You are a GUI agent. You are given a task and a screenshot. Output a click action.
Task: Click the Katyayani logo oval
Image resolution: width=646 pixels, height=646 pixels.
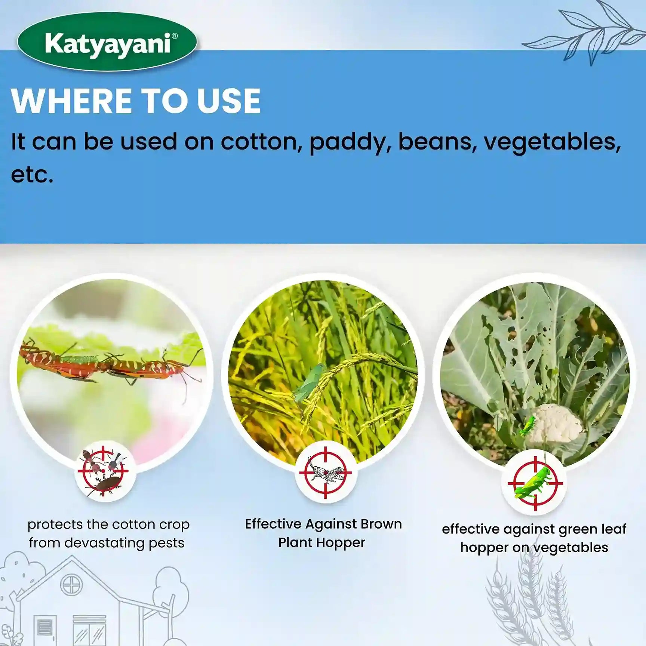(x=107, y=42)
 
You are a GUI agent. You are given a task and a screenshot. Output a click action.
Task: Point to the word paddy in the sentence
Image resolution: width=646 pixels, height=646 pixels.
(x=349, y=143)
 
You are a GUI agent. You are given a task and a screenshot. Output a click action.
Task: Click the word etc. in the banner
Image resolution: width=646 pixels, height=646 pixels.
(x=32, y=175)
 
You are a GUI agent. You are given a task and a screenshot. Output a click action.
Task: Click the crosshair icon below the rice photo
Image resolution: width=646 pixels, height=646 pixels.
(x=325, y=473)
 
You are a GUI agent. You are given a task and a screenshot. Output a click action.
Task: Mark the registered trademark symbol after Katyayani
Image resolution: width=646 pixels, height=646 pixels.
(x=174, y=36)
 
